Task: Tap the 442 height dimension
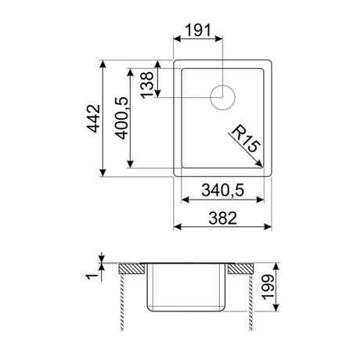pos(92,120)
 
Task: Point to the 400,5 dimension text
pos(121,120)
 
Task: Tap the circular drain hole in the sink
pos(221,97)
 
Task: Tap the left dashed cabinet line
pos(123,301)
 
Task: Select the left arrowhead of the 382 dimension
pos(176,227)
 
